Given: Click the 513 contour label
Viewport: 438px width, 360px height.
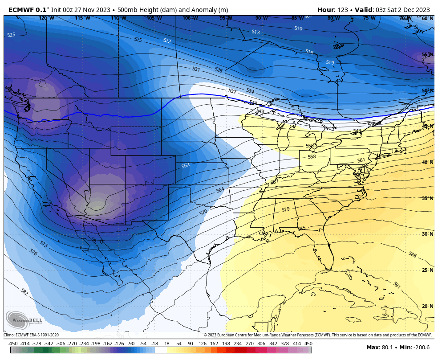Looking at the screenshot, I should point(255,32).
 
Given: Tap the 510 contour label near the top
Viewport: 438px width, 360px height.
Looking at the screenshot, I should point(298,29).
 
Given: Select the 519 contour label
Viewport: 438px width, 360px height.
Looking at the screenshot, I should point(330,63).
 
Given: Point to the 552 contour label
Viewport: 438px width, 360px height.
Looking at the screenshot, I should point(186,165).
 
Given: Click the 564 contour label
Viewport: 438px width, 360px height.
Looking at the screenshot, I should point(220,190).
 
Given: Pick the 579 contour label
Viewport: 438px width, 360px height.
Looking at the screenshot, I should point(285,209).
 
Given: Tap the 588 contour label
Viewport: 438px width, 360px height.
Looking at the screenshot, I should point(413,254).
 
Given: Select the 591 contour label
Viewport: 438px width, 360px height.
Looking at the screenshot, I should point(397,285).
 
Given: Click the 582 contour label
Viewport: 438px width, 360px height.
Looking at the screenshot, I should point(24,292).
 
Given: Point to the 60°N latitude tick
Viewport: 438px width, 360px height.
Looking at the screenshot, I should point(427,19).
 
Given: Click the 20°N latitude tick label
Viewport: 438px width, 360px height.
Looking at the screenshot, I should point(427,306).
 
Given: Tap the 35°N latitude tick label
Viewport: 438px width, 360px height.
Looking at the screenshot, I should point(427,198).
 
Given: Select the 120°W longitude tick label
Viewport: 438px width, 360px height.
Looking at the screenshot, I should point(46,18).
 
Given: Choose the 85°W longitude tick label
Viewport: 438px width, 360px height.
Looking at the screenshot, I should point(297,18).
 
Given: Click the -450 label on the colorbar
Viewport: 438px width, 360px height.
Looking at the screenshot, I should point(13,344).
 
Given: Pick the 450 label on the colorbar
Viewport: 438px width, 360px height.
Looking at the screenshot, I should point(308,344).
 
